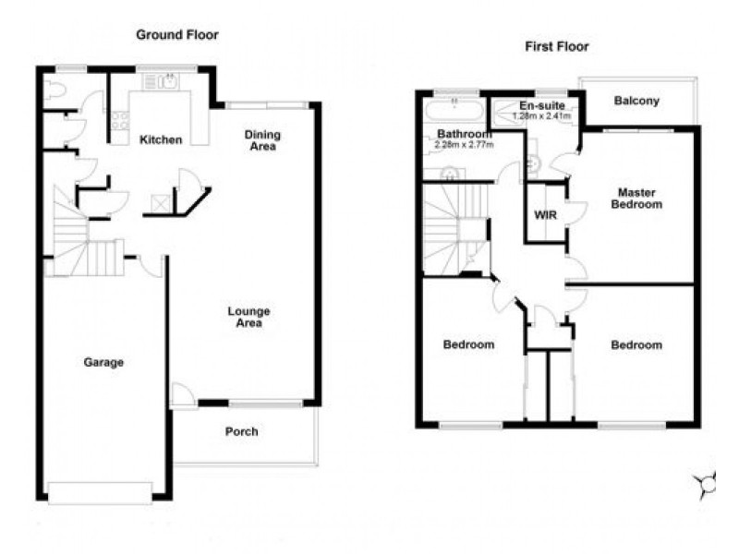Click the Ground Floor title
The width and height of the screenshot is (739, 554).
click(177, 35)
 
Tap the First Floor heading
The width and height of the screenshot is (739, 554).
click(557, 47)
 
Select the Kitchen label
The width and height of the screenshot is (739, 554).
click(161, 140)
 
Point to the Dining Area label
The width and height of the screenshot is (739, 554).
click(262, 140)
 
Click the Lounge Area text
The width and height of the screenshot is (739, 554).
click(248, 317)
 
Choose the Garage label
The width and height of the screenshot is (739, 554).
click(103, 362)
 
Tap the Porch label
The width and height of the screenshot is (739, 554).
click(241, 431)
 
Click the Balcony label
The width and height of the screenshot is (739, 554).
click(636, 101)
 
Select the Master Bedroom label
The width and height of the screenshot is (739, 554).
click(636, 199)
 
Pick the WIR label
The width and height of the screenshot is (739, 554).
click(545, 215)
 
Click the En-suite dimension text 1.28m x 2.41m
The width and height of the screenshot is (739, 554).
click(541, 116)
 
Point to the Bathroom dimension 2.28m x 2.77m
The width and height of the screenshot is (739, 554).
click(465, 145)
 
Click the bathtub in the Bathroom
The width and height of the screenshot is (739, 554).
click(454, 112)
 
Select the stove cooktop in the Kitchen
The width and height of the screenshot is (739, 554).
click(120, 120)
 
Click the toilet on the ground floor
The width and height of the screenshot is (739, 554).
click(54, 90)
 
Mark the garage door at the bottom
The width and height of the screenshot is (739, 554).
click(100, 492)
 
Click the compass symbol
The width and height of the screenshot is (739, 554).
click(707, 484)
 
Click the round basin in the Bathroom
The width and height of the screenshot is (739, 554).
click(449, 175)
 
